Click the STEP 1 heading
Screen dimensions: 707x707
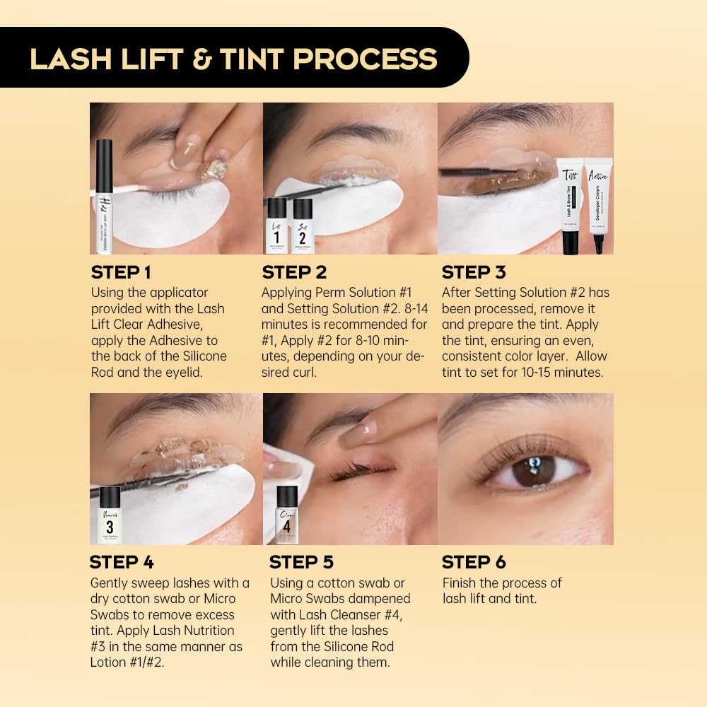[x=121, y=272]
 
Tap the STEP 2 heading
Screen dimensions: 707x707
[x=293, y=272]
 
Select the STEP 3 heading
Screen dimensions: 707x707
[x=474, y=272]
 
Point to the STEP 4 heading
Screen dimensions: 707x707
[x=121, y=562]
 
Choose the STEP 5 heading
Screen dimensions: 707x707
[x=301, y=562]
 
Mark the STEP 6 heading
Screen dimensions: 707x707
[x=474, y=562]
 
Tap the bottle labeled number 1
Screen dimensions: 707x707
[x=277, y=226]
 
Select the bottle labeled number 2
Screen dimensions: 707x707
[x=303, y=226]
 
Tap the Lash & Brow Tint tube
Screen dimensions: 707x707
[x=570, y=205]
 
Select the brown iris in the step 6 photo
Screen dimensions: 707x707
[x=534, y=470]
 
